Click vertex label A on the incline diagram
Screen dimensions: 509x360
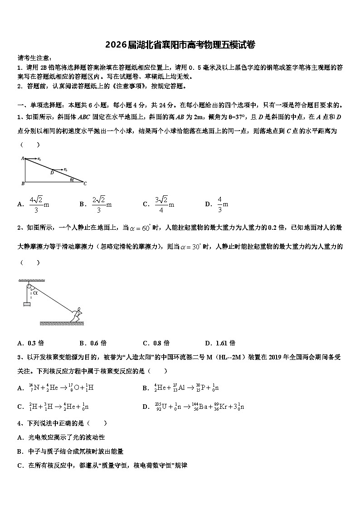click(22, 158)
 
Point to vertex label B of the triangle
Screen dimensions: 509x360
click(22, 184)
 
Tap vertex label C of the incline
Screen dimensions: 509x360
click(85, 184)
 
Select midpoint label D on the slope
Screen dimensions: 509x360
click(52, 173)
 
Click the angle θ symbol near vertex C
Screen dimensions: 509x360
click(71, 179)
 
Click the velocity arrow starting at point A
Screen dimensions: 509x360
click(32, 159)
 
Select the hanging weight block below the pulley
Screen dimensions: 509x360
click(27, 304)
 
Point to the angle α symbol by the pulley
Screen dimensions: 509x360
click(35, 292)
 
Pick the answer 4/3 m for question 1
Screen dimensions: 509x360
click(222, 204)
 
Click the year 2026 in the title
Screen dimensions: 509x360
click(116, 45)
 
